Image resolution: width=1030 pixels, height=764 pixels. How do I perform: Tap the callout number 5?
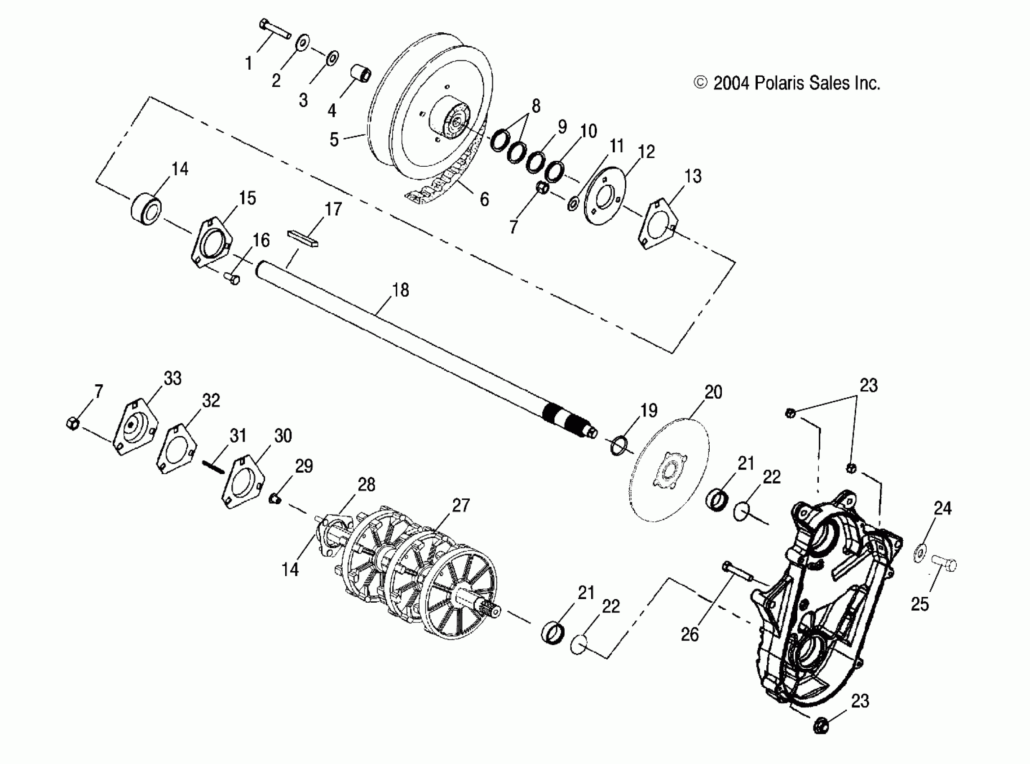[334, 139]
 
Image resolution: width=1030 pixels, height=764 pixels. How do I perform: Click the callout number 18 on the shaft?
[400, 290]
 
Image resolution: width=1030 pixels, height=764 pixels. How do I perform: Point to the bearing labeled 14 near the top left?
[145, 210]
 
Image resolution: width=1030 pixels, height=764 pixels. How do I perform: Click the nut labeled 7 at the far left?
[73, 423]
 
